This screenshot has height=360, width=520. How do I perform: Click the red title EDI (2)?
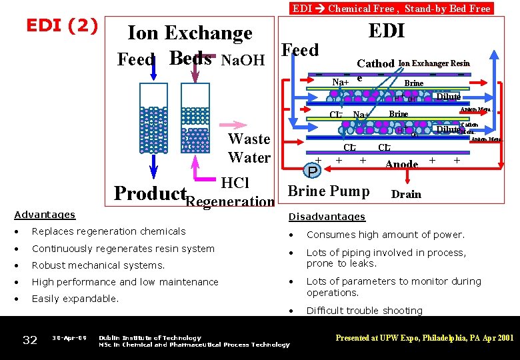click(x=61, y=25)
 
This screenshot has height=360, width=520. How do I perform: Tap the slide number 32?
click(x=30, y=340)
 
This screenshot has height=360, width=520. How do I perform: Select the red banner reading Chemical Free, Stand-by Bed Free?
click(x=391, y=8)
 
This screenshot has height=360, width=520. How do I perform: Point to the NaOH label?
click(x=243, y=61)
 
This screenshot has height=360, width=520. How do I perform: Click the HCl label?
click(x=235, y=183)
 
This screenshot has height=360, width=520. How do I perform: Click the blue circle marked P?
click(x=312, y=171)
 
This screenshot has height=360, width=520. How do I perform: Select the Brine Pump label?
click(x=328, y=191)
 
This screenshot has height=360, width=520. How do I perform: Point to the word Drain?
click(x=406, y=194)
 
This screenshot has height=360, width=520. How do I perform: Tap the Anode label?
click(x=401, y=164)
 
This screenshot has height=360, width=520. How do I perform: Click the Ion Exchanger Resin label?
click(x=433, y=63)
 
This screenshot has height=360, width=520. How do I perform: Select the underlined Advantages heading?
click(x=45, y=215)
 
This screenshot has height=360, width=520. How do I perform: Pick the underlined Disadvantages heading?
click(x=327, y=217)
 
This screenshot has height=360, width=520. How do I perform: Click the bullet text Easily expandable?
click(x=75, y=299)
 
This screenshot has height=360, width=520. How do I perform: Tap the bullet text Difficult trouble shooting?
click(x=364, y=310)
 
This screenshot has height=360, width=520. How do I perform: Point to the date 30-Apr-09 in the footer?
click(x=69, y=338)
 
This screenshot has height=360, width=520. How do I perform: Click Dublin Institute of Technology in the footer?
click(x=149, y=338)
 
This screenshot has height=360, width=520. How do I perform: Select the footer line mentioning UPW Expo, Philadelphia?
click(x=424, y=338)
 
